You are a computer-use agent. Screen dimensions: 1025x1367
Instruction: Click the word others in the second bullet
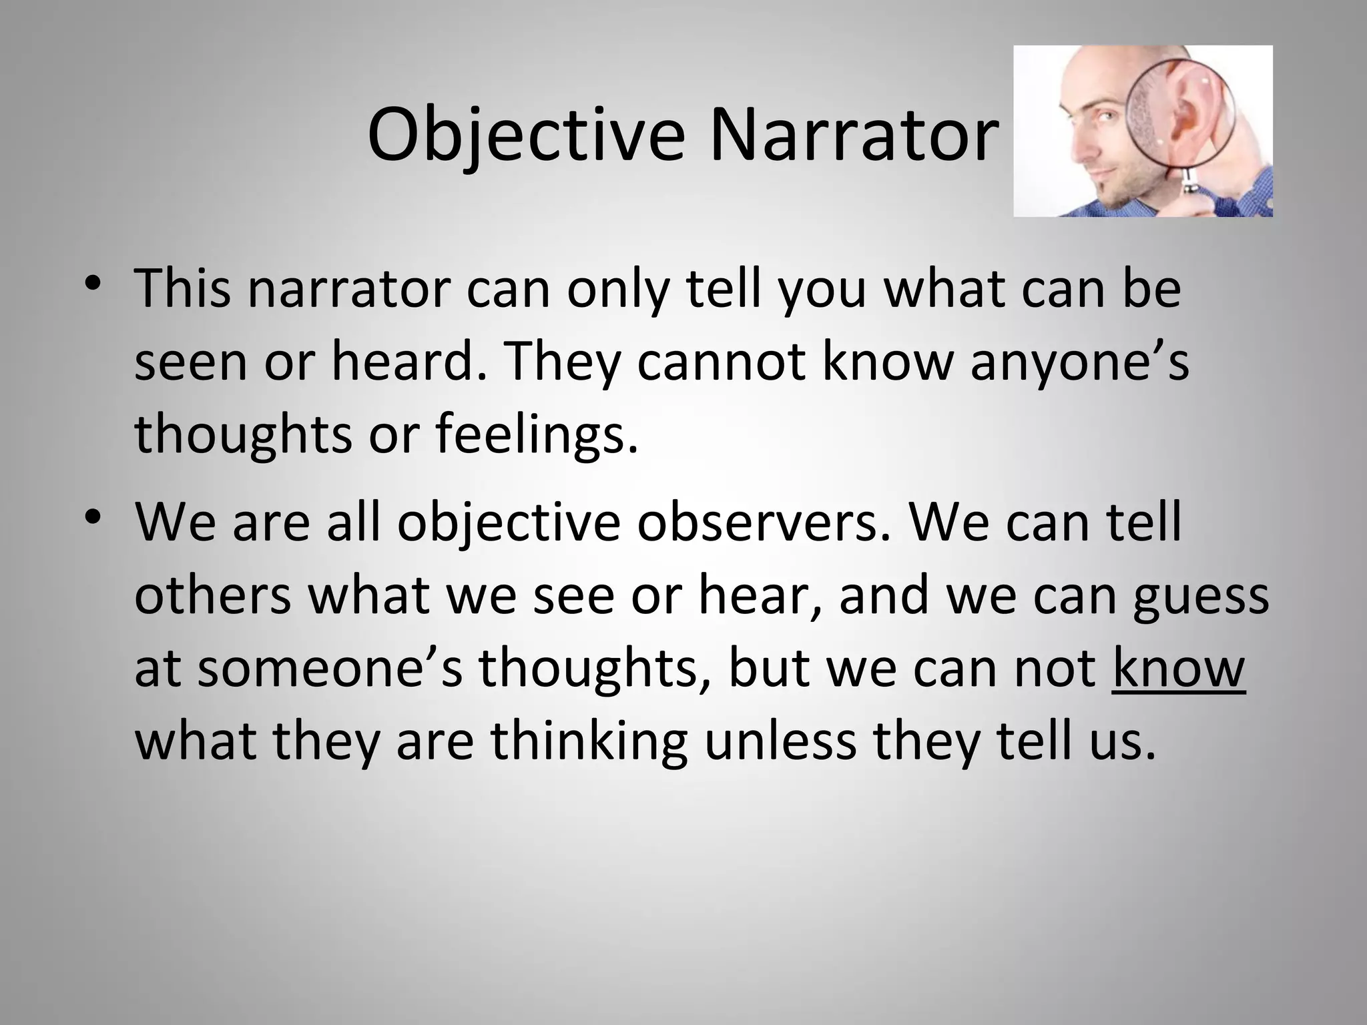[x=212, y=595]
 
